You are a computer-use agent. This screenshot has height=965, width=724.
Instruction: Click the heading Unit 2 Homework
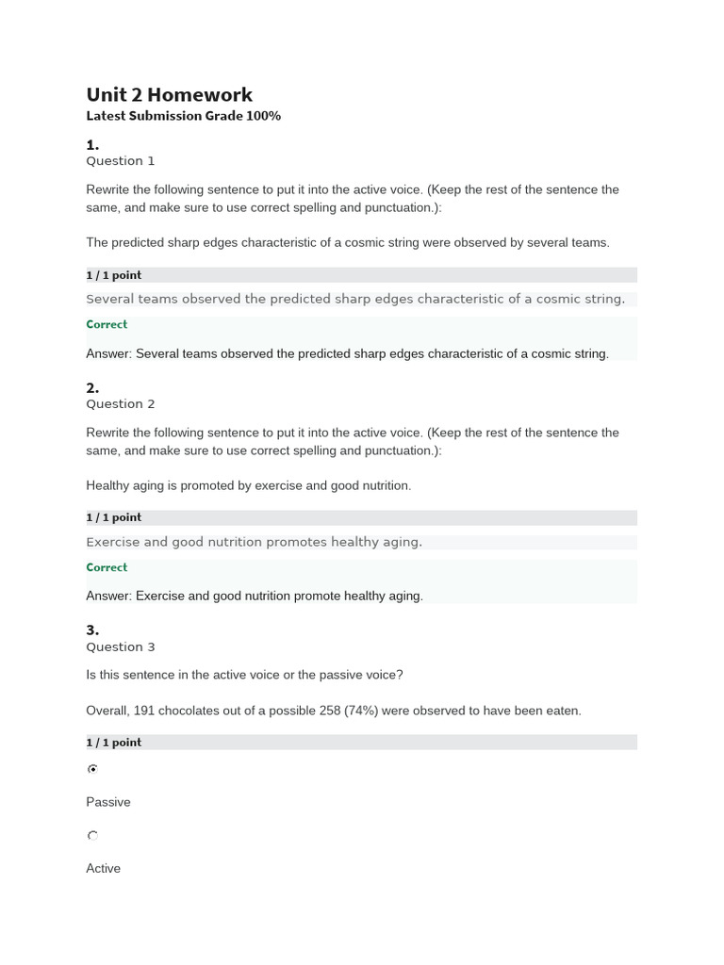coord(170,94)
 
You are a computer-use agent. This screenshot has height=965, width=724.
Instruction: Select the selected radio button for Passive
coord(92,769)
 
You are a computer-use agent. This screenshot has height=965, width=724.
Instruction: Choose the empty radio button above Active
coord(92,836)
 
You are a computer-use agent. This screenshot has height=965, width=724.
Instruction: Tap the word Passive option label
coord(108,802)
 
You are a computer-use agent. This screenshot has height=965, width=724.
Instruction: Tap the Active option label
coord(104,869)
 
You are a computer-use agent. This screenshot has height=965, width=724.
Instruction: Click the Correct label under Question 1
coord(107,324)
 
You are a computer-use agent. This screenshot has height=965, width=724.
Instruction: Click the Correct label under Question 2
coord(107,567)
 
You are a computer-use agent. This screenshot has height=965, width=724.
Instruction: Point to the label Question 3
coord(121,647)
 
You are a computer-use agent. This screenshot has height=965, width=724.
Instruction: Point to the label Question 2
coord(121,404)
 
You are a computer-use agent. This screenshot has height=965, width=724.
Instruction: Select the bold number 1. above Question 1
coord(92,145)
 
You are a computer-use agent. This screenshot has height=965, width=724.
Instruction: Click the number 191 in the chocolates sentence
coord(144,711)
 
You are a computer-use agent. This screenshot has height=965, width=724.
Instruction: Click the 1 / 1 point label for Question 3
coord(114,743)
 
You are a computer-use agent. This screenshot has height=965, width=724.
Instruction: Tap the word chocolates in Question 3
coord(190,711)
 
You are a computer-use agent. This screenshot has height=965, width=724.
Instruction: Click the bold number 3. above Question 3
coord(92,630)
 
